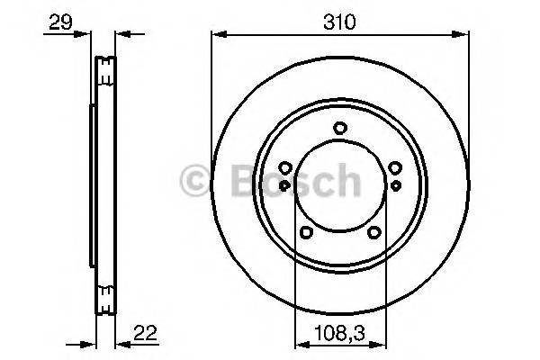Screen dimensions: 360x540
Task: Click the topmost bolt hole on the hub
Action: coord(339,128)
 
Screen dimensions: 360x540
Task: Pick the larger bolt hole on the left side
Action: coord(285,167)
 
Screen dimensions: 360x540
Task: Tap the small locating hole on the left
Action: coord(285,184)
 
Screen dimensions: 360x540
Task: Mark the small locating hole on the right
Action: coord(394,184)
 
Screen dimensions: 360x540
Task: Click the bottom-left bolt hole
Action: coord(306,232)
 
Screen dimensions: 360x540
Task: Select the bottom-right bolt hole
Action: coord(373,232)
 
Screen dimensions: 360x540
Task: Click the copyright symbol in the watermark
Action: coord(194,180)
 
